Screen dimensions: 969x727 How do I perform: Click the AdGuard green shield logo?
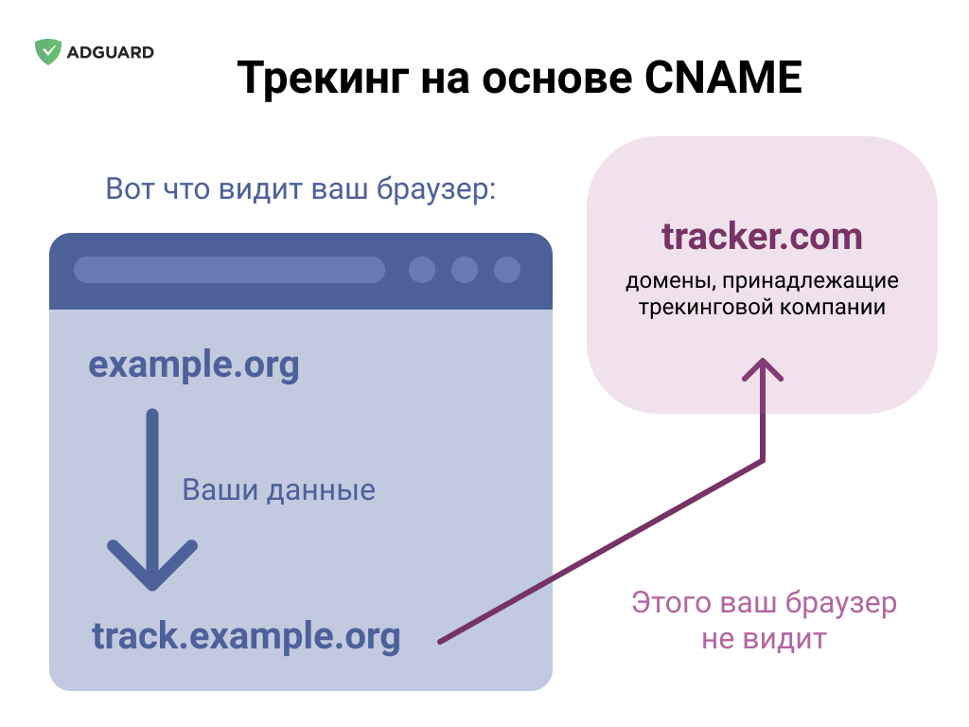point(48,52)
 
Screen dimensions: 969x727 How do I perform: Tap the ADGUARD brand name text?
point(111,53)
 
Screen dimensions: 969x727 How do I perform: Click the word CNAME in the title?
point(723,78)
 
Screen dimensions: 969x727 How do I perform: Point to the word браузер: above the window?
point(437,188)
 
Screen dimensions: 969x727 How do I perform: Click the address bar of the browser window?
point(229,270)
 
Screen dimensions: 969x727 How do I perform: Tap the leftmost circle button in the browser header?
point(422,270)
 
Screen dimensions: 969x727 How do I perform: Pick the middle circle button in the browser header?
point(465,270)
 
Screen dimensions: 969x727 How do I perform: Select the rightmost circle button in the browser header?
point(507,270)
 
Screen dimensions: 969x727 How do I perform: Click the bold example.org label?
point(194,364)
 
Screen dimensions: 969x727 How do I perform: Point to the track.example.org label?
point(246,637)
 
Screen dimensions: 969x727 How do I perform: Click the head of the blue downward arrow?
point(152,564)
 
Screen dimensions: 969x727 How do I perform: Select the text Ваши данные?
point(279,489)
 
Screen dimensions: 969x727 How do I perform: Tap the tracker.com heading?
point(762,236)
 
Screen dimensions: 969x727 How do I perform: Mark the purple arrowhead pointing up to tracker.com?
point(763,370)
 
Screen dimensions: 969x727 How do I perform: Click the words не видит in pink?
point(764,639)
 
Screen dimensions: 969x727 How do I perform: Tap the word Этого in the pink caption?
point(671,602)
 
